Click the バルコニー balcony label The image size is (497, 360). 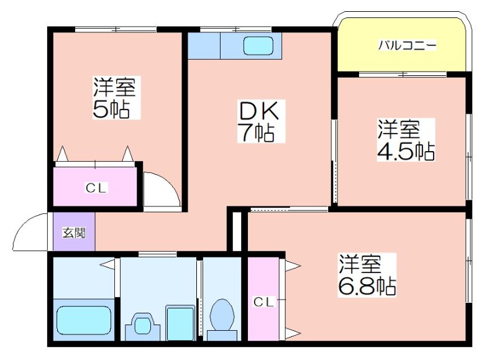[x=408, y=45]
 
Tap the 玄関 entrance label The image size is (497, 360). [x=74, y=233]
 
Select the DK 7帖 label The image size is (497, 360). [x=261, y=121]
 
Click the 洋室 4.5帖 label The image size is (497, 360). [x=406, y=139]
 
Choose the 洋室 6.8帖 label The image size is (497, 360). [x=367, y=275]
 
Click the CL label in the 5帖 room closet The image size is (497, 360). [x=96, y=188]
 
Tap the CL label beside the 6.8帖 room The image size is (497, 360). [x=263, y=302]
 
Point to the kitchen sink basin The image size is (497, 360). [x=258, y=45]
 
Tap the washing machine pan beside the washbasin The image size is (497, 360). [x=180, y=323]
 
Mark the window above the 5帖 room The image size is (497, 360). [x=116, y=29]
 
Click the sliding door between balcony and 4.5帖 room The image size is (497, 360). [x=403, y=75]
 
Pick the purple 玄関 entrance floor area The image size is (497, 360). [x=74, y=231]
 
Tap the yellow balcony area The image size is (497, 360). [x=401, y=45]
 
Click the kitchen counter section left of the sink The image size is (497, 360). [x=204, y=45]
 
